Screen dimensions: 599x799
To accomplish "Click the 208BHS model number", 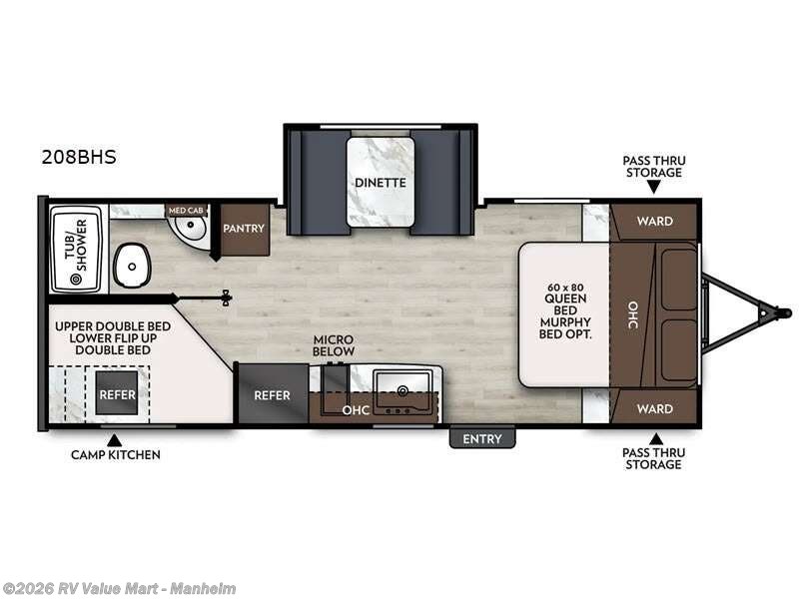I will click(x=79, y=156).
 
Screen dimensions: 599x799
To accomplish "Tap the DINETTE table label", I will click(x=380, y=183).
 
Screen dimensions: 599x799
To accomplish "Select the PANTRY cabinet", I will click(x=244, y=229).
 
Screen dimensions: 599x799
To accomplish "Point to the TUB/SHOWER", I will click(x=76, y=240).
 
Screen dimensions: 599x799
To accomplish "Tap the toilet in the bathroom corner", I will click(x=190, y=233).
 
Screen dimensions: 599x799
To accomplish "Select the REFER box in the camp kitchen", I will click(x=117, y=394).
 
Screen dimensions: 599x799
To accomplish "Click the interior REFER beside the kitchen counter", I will click(x=272, y=395).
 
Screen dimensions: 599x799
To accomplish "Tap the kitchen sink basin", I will click(x=403, y=383).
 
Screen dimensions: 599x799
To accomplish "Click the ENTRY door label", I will click(x=482, y=438).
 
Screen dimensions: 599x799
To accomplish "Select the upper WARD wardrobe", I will click(x=654, y=221).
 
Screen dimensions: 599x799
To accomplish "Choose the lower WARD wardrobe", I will click(x=654, y=408).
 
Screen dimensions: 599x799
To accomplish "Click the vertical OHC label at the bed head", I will click(x=632, y=314).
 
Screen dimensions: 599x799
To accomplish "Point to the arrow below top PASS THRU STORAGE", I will click(x=654, y=187).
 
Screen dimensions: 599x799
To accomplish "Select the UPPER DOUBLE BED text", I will click(x=112, y=326).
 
